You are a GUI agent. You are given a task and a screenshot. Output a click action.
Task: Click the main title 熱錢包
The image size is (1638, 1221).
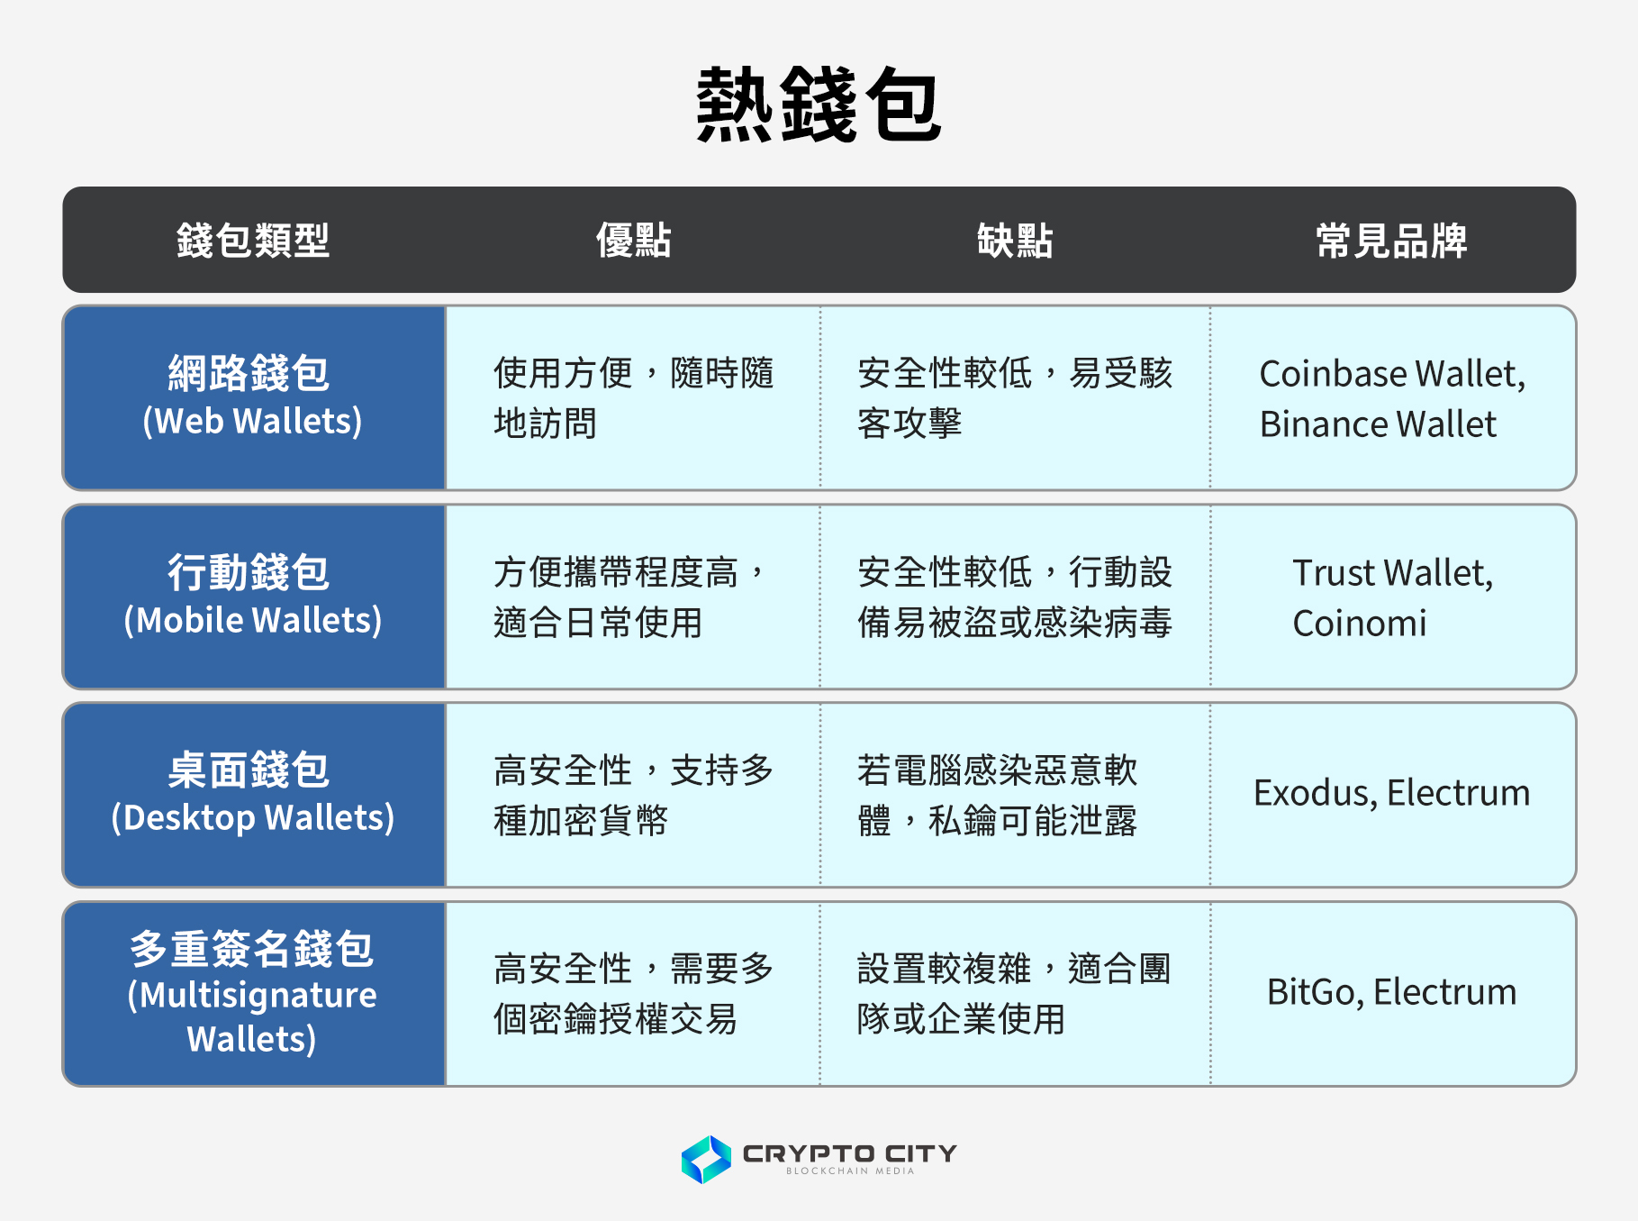click(819, 105)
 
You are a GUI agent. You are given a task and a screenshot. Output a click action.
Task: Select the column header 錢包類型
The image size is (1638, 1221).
click(253, 241)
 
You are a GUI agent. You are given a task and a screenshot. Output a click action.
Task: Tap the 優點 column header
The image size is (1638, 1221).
click(634, 241)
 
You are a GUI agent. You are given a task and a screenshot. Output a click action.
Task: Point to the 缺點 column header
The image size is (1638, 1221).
click(1015, 241)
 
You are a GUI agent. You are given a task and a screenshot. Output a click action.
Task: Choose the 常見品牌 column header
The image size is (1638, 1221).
click(1391, 241)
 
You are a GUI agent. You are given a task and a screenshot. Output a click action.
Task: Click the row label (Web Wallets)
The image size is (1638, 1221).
click(253, 422)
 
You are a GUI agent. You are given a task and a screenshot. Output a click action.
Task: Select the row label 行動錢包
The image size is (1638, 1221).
click(249, 572)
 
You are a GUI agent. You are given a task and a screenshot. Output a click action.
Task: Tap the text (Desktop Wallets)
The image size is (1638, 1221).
click(253, 818)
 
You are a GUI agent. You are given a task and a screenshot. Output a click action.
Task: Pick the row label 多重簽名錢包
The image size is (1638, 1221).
click(251, 949)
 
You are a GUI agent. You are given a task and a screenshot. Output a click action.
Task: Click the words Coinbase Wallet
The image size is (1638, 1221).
click(1390, 374)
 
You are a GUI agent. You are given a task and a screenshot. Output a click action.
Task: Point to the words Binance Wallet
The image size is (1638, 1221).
click(1378, 424)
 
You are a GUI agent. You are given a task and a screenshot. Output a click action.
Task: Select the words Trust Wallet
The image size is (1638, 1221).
click(1391, 573)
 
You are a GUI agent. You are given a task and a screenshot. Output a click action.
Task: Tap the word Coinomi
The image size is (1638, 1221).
click(1360, 624)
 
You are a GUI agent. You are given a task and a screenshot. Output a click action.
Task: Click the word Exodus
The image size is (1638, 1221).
click(1314, 793)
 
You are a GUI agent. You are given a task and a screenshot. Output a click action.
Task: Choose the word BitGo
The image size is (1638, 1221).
click(1315, 992)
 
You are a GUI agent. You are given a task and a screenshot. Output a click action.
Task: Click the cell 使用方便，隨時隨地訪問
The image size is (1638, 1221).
click(633, 398)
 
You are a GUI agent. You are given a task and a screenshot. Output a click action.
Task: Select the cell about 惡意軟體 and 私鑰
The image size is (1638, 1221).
click(997, 795)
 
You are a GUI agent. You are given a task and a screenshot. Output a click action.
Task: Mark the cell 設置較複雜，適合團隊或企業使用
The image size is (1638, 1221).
click(1014, 994)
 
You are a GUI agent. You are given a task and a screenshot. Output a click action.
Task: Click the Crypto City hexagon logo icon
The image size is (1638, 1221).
click(706, 1159)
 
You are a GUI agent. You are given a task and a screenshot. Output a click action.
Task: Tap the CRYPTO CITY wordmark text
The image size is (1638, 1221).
click(849, 1153)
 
